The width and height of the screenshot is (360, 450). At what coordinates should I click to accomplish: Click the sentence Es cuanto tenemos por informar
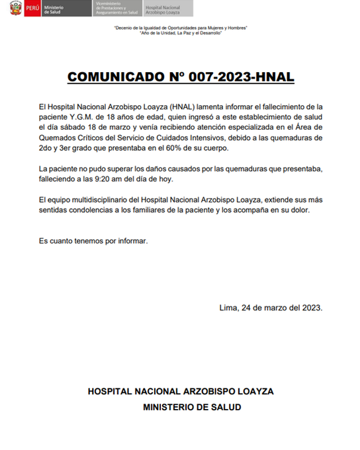point(93,241)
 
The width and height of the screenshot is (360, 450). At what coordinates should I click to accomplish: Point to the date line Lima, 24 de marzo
point(270,308)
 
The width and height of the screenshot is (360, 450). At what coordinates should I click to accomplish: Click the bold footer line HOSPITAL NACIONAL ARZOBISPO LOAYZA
point(181,391)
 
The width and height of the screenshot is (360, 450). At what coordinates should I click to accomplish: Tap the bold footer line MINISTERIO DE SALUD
point(193,407)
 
